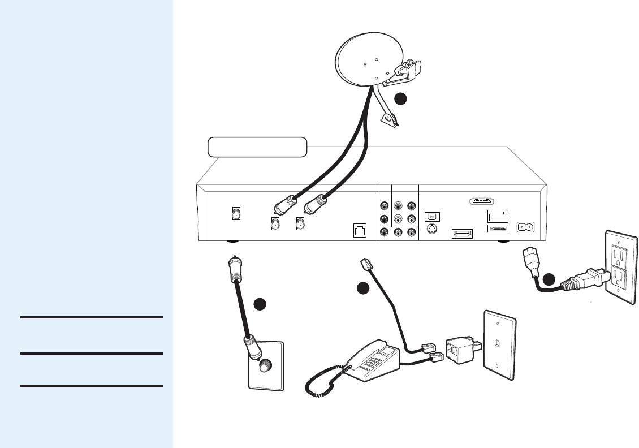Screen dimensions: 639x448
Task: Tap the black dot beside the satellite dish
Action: pos(400,98)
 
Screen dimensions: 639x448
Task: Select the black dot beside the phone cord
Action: pos(363,288)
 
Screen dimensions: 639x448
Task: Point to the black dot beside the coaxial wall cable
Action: pos(260,304)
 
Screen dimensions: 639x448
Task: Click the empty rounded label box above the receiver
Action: pos(257,147)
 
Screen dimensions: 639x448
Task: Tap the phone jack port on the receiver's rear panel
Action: pos(359,230)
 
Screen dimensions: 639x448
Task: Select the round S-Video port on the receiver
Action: pos(431,230)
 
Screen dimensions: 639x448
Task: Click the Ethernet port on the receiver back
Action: pos(497,216)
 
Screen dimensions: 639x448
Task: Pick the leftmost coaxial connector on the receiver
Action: pos(235,214)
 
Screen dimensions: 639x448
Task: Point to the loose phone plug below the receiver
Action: pos(365,264)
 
